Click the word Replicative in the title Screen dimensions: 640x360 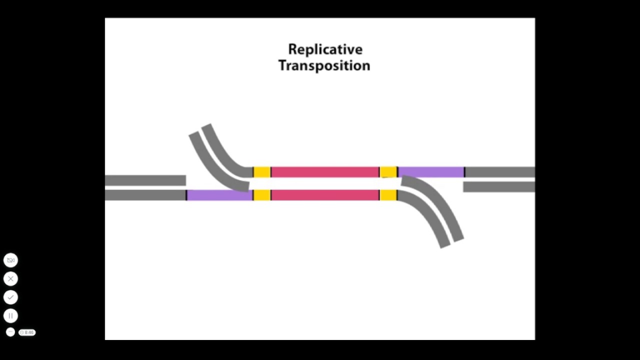click(x=325, y=49)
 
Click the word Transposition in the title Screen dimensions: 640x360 click(x=324, y=65)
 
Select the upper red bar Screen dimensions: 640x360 click(x=325, y=172)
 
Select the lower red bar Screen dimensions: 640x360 click(x=325, y=195)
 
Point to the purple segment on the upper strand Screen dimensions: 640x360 click(x=431, y=172)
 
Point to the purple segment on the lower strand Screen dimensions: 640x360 click(x=219, y=195)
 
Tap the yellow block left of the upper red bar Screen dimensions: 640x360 click(x=262, y=172)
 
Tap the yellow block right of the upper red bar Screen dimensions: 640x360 click(x=388, y=172)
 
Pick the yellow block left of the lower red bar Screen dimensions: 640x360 click(x=262, y=195)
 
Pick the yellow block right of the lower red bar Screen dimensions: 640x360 click(x=388, y=195)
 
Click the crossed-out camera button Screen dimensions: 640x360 click(x=10, y=260)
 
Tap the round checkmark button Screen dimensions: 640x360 click(x=10, y=297)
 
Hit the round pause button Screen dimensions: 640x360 click(x=10, y=316)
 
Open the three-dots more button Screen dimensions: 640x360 click(x=10, y=332)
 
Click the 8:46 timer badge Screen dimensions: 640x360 click(x=27, y=332)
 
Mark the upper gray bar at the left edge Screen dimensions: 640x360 click(x=145, y=180)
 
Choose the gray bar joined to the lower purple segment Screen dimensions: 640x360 click(x=145, y=195)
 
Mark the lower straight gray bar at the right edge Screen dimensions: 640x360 click(x=499, y=187)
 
